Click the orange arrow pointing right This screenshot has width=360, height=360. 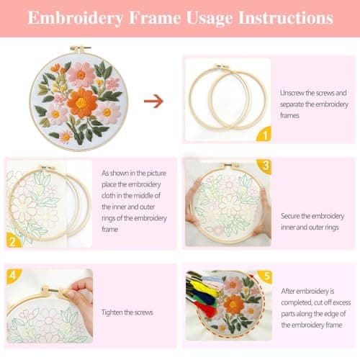click(153, 102)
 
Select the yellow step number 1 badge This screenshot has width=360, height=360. click(264, 134)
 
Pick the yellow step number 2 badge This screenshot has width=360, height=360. click(12, 240)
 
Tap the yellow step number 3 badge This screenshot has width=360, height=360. click(266, 167)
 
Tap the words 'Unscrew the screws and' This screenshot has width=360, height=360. click(313, 93)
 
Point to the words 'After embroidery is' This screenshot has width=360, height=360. click(309, 290)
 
